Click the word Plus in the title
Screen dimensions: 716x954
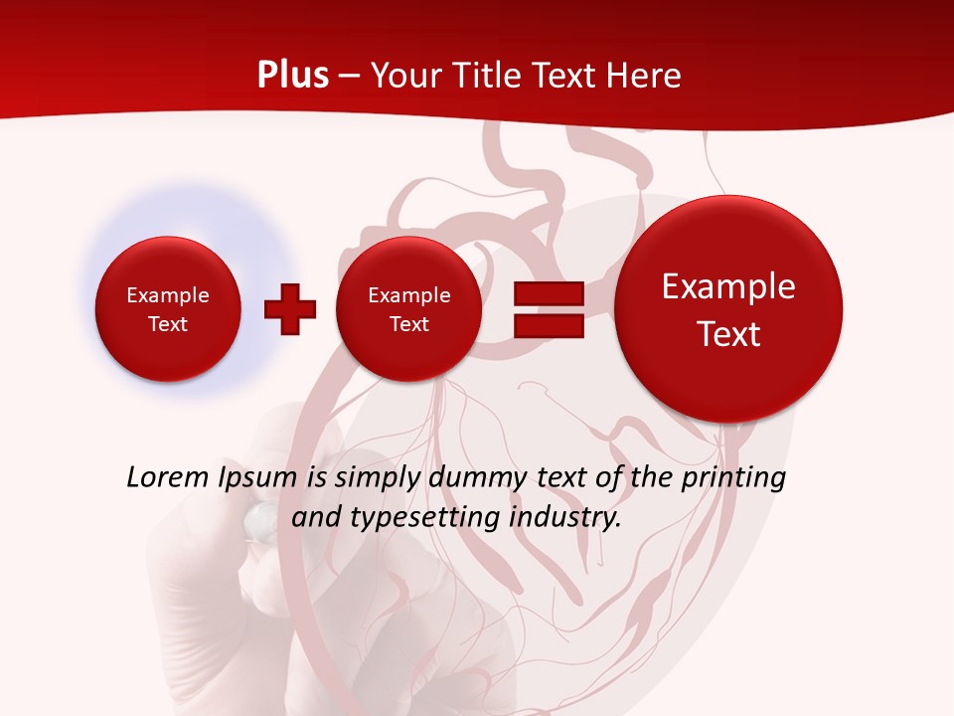click(292, 76)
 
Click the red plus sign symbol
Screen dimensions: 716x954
click(290, 309)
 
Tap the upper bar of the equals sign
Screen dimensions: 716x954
click(548, 293)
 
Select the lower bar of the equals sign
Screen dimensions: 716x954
click(548, 325)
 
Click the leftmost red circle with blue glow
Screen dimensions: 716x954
click(168, 308)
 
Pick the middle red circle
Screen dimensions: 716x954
click(409, 308)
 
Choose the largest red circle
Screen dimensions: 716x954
click(728, 308)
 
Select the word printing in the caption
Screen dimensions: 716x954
click(736, 478)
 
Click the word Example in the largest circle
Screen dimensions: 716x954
click(728, 286)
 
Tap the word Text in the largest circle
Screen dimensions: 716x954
click(728, 334)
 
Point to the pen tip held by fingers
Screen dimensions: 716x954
click(260, 516)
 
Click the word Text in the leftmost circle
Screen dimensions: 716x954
click(168, 324)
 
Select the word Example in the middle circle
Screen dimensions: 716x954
click(409, 295)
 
